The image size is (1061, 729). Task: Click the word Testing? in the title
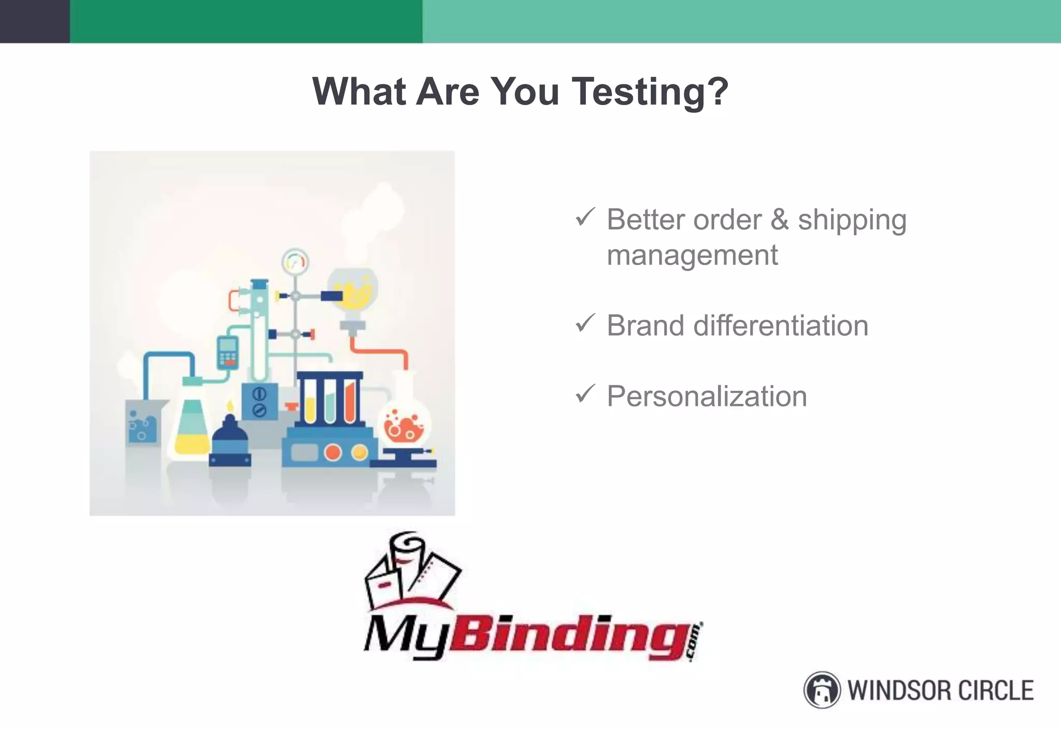pyautogui.click(x=650, y=92)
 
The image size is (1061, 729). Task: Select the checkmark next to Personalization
pyautogui.click(x=585, y=394)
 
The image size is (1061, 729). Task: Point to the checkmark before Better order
pyautogui.click(x=585, y=217)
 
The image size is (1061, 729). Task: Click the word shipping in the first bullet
pyautogui.click(x=852, y=221)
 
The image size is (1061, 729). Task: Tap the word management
pyautogui.click(x=692, y=255)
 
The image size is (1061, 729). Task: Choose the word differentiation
pyautogui.click(x=780, y=326)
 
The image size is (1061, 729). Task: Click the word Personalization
pyautogui.click(x=707, y=397)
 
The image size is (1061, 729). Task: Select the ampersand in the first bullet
pyautogui.click(x=779, y=220)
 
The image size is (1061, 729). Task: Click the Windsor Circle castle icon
pyautogui.click(x=822, y=690)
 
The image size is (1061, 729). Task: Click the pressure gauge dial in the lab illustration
pyautogui.click(x=295, y=262)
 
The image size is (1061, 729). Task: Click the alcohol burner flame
pyautogui.click(x=230, y=405)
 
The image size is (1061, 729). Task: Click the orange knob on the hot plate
pyautogui.click(x=333, y=453)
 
